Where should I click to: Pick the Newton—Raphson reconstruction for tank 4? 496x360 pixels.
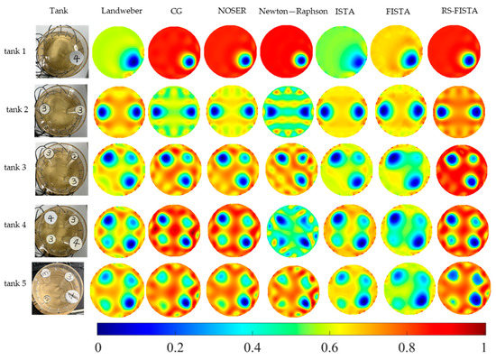pyautogui.click(x=291, y=225)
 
